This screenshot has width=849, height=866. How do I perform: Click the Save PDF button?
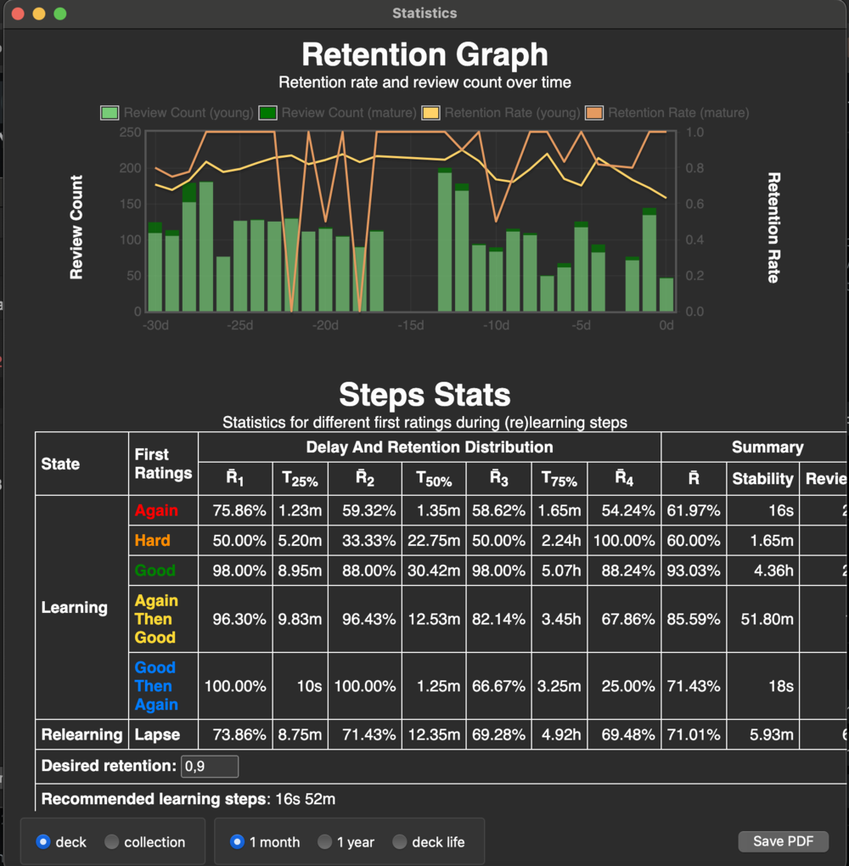(783, 841)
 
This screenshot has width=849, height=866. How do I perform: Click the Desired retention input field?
(210, 767)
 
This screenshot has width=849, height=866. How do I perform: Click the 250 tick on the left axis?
(130, 132)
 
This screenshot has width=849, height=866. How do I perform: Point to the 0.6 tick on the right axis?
(694, 204)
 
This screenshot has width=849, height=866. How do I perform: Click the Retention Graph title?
(424, 55)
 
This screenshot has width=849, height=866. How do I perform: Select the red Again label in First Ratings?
(156, 510)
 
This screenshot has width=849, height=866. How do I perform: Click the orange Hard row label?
(152, 540)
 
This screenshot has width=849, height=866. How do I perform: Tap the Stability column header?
(762, 479)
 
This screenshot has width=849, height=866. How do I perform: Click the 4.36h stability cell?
(773, 571)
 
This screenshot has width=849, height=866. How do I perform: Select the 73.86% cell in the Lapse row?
(235, 734)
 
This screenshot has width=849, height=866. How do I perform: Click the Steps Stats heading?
(424, 395)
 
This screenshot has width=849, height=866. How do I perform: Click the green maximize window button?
(59, 14)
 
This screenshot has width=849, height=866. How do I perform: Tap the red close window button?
(18, 14)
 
